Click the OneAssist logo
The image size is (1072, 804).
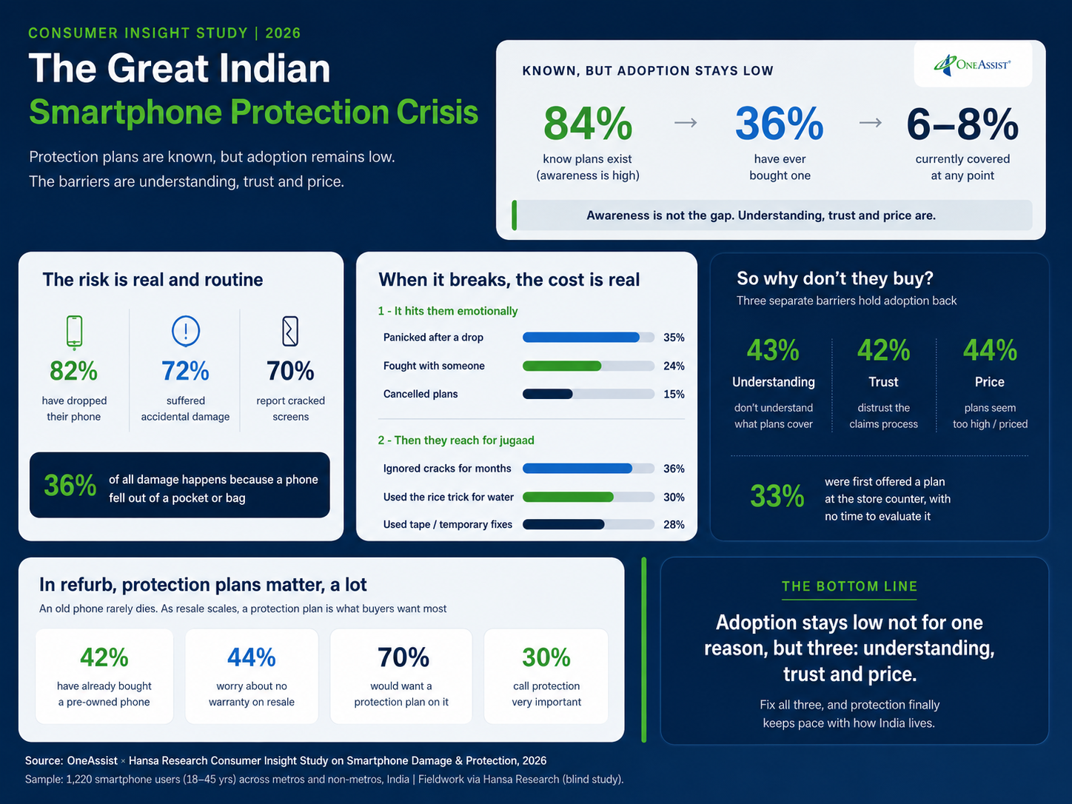point(972,65)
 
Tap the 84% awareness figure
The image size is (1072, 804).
point(588,124)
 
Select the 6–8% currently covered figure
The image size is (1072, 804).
point(962,124)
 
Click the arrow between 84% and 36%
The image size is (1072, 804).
point(686,122)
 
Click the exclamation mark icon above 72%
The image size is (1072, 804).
point(186,332)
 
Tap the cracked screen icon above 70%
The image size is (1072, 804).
point(290,332)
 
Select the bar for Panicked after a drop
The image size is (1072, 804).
point(588,338)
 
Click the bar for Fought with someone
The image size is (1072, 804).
point(588,366)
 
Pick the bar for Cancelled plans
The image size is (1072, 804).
point(588,394)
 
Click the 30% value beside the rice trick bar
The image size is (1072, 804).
point(674,497)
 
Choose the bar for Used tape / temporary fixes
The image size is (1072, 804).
point(588,524)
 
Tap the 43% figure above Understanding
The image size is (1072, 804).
point(773,350)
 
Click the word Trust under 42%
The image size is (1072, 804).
point(883,382)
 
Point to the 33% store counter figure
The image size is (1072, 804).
point(777,496)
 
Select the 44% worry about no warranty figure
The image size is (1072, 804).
point(252,657)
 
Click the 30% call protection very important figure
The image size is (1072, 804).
point(546,657)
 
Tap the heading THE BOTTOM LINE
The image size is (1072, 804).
point(849,586)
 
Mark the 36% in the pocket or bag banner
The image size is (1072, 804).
point(70,485)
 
